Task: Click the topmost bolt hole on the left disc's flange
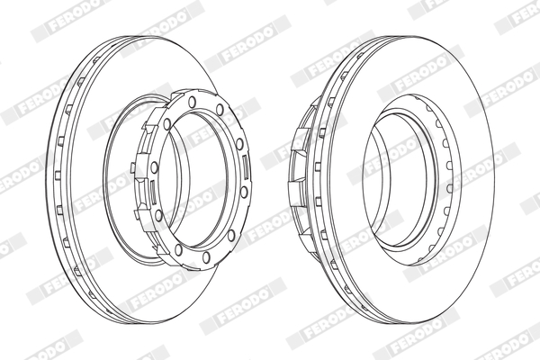click(192, 102)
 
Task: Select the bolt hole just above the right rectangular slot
click(239, 144)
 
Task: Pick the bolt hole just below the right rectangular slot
click(244, 193)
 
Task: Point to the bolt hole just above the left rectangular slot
click(154, 167)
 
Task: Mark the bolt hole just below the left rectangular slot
click(158, 215)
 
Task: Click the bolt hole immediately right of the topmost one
click(220, 109)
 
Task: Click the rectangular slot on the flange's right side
click(245, 167)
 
